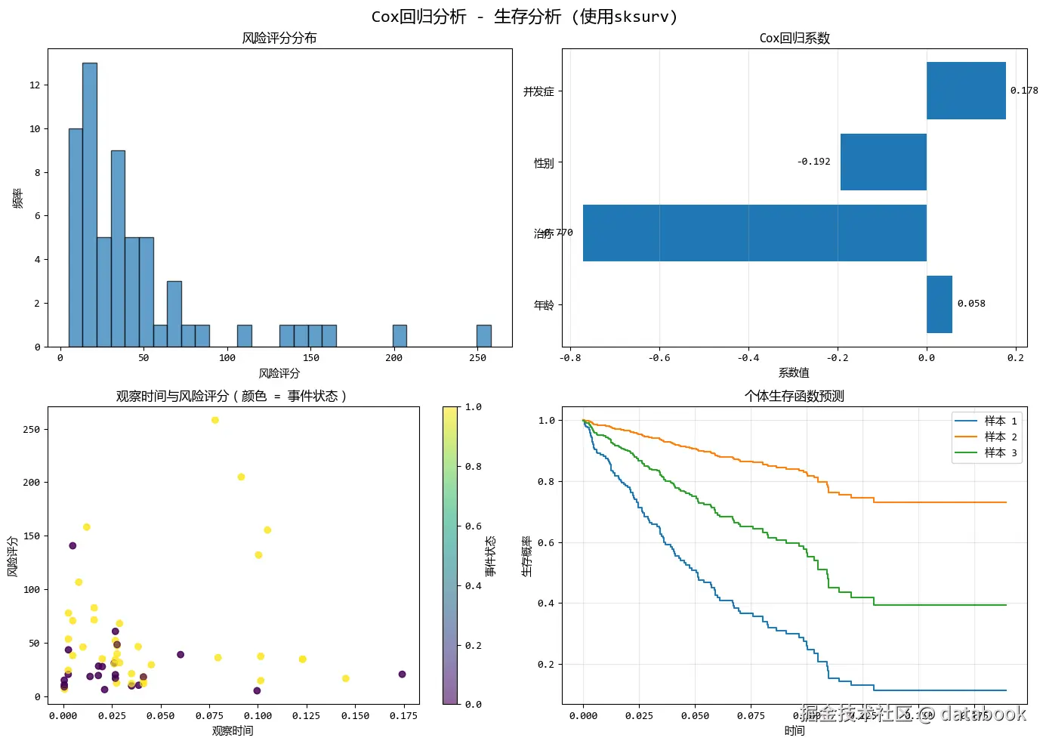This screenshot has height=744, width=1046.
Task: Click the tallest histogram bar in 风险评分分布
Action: [89, 204]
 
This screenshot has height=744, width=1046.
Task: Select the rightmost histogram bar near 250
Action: [483, 336]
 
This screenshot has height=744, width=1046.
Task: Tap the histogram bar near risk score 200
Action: [400, 336]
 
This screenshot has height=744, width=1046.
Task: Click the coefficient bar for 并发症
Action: [966, 91]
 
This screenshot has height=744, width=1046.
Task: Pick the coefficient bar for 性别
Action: [883, 162]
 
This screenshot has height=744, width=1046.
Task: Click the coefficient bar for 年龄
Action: [939, 304]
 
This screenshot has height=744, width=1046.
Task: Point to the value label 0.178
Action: [1024, 91]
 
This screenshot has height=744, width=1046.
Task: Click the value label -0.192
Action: [813, 162]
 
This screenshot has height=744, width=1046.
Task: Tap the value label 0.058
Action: [971, 304]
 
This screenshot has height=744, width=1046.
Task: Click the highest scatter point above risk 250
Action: [215, 420]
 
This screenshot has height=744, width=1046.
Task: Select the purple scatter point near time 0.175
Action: [402, 674]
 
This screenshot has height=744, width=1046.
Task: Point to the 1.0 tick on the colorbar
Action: [474, 407]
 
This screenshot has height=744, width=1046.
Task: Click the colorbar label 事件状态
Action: [491, 556]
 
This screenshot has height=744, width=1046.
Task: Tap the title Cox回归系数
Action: [795, 39]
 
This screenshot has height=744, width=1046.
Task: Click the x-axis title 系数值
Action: [794, 372]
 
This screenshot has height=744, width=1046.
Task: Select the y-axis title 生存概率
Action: [526, 556]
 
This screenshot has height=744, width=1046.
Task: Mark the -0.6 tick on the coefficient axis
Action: [659, 358]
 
